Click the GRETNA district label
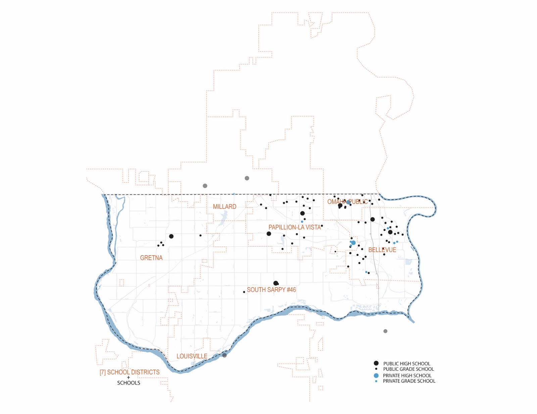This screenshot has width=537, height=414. (151, 258)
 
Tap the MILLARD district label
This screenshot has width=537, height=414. (225, 207)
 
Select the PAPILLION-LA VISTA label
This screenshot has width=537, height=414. (294, 227)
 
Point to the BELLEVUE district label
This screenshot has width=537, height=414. (382, 250)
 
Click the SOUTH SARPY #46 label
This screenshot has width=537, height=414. (271, 290)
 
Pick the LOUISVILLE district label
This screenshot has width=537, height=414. (192, 356)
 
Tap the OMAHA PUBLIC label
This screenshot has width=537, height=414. (347, 202)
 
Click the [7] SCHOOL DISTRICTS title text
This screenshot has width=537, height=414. (130, 372)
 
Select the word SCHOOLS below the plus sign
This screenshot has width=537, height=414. (129, 383)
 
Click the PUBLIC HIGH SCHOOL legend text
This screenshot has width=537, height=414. (406, 363)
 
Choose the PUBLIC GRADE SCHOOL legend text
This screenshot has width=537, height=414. (408, 369)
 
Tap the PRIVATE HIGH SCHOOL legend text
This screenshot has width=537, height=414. (407, 375)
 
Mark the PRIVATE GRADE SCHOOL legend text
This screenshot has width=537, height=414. (409, 381)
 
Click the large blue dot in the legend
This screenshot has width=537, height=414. (376, 375)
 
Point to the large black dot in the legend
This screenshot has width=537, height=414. (376, 363)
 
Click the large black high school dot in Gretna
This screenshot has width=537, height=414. (171, 236)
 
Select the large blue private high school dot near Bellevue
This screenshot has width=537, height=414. (353, 243)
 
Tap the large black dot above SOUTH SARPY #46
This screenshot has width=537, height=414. (276, 283)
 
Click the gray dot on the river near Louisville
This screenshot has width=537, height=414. (224, 355)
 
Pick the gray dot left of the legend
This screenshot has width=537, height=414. (385, 331)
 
